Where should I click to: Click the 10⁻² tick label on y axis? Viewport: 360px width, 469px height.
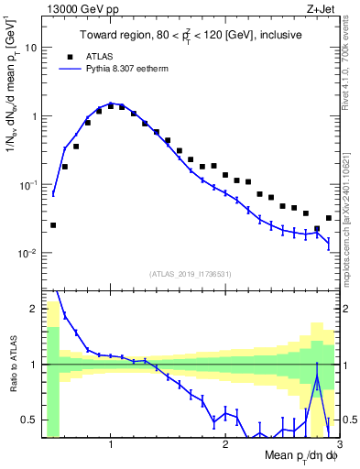[28, 253]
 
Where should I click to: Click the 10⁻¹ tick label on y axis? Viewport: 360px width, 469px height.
[28, 184]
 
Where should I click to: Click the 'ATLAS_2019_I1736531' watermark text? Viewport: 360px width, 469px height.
[191, 274]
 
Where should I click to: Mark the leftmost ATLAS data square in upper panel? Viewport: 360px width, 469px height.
[53, 224]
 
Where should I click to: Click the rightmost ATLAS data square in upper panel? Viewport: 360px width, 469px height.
[328, 218]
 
